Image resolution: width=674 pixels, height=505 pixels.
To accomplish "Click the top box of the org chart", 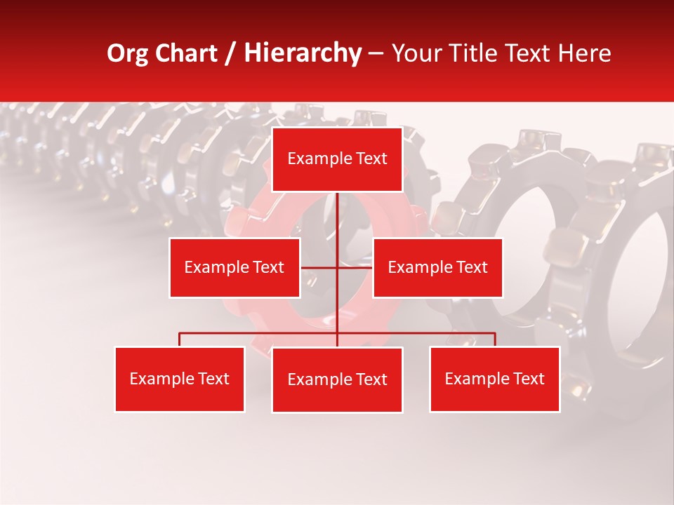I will [x=337, y=159].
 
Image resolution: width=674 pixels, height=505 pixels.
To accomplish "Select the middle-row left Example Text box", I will [x=234, y=267].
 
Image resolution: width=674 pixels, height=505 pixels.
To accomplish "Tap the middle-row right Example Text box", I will [x=437, y=267].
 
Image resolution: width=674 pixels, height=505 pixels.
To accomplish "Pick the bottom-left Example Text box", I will [x=180, y=379].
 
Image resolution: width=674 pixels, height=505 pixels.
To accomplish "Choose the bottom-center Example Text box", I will [x=337, y=379].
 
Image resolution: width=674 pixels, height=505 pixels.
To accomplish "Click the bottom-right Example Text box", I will [x=495, y=379].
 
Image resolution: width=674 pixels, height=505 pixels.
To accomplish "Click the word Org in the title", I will [x=127, y=53].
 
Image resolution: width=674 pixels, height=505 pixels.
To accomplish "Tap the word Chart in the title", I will [x=187, y=53].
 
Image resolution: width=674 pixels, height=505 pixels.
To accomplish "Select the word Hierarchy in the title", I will [x=302, y=53].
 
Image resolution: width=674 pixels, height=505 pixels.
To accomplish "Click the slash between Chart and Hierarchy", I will [x=231, y=53].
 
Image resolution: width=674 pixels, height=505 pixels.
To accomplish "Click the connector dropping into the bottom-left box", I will [x=180, y=339].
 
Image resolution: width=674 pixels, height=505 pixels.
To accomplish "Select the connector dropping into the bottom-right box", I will [x=495, y=339].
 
